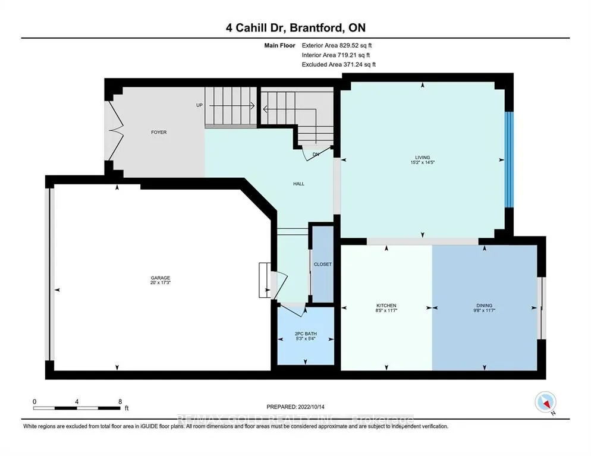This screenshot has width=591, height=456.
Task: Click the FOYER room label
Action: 158,132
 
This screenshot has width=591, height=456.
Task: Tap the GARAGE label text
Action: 161,278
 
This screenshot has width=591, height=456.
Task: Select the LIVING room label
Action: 423,158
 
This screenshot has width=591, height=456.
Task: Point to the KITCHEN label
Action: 386,306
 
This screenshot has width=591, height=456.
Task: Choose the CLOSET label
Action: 323,264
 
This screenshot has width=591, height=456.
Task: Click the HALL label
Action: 298,184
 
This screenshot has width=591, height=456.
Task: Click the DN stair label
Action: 316,154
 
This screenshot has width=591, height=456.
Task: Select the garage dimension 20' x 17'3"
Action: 161,284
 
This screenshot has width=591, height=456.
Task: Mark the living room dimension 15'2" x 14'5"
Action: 423,163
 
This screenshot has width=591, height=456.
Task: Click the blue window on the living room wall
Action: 508,159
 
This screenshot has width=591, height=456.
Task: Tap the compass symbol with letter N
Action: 545,403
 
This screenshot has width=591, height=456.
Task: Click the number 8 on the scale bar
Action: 120,401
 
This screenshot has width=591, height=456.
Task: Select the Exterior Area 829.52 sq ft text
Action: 337,45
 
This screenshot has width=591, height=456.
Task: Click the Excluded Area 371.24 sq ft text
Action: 338,64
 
